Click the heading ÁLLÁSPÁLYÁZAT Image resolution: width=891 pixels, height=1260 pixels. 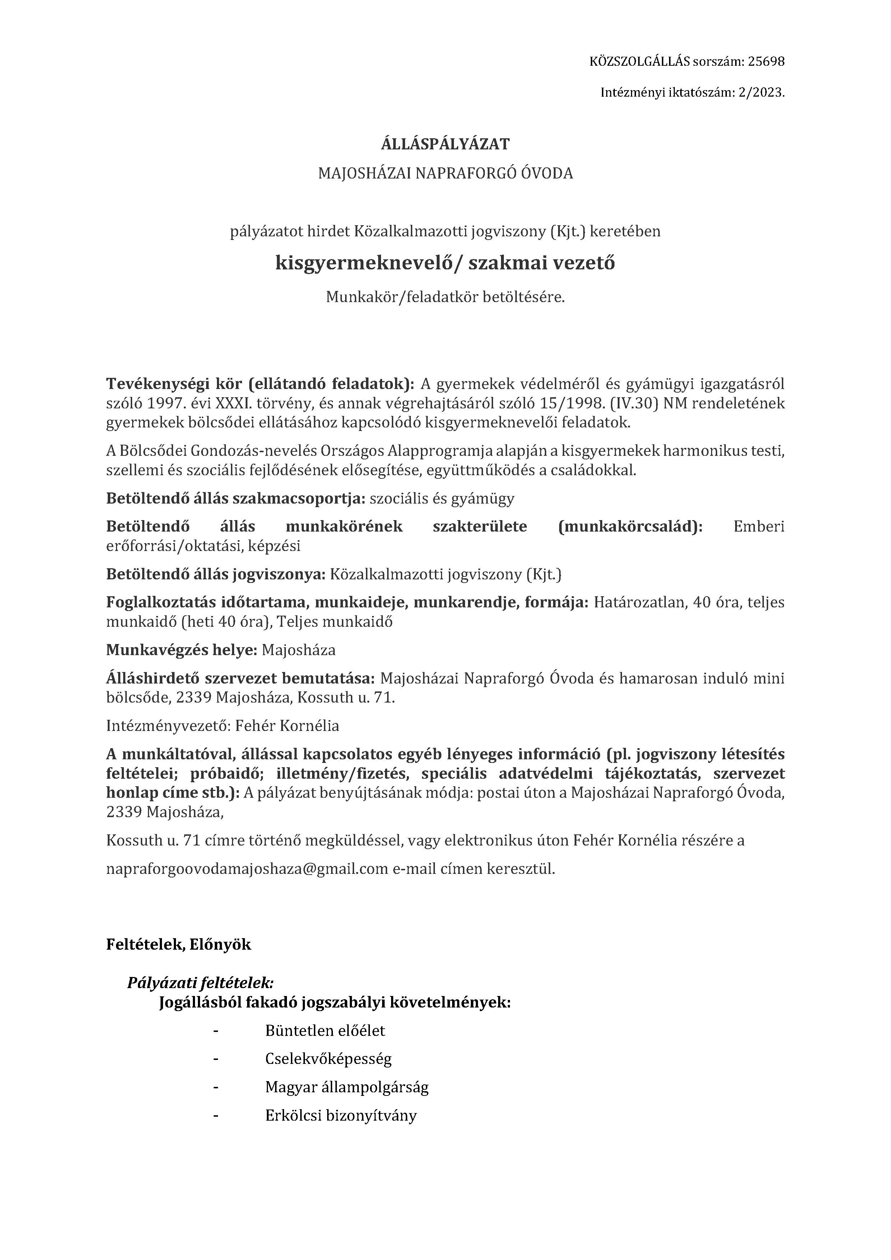[x=445, y=144]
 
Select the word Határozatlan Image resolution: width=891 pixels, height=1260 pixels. [x=640, y=603]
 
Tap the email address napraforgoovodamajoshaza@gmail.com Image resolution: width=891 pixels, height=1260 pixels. [x=247, y=869]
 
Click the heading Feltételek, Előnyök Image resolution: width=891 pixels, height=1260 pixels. [x=178, y=944]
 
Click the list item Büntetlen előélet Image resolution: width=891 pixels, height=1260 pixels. [x=325, y=1030]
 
